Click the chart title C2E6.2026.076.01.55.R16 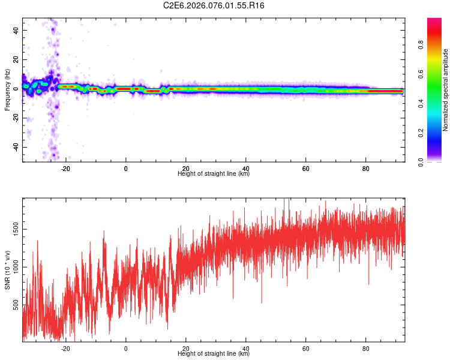pos(214,5)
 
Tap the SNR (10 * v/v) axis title pos(7,270)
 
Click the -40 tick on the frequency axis pos(16,147)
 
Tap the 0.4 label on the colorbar pos(421,104)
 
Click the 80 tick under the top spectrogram pos(366,169)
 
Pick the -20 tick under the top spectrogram pos(65,169)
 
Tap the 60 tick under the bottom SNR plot pos(306,349)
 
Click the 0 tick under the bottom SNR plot pos(126,349)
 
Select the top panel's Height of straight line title pos(214,174)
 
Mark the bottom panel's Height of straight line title pos(214,354)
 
